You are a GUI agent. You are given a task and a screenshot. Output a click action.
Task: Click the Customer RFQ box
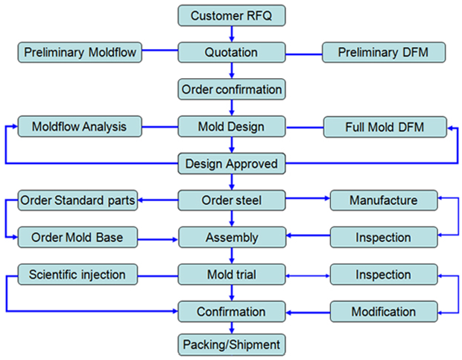232,15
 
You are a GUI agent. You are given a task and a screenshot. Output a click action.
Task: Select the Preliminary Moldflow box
79,52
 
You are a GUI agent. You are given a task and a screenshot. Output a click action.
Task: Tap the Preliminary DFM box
384,52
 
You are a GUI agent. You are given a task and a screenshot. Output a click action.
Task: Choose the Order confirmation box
232,89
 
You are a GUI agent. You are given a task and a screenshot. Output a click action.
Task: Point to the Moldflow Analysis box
79,127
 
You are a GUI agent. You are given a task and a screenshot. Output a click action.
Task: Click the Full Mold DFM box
384,127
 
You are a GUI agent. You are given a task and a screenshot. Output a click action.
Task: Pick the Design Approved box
232,163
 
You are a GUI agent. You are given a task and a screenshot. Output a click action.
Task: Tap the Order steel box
232,200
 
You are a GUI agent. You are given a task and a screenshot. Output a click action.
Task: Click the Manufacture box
383,200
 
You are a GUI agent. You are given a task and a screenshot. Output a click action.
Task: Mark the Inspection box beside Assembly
383,238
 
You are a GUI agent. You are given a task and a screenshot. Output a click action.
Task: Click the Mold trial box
232,274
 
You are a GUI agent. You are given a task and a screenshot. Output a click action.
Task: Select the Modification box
383,311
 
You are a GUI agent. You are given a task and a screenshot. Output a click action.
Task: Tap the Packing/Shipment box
232,345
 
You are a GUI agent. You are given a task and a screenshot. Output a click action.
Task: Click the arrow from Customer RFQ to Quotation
232,34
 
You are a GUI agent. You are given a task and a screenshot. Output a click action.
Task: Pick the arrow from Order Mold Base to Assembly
159,239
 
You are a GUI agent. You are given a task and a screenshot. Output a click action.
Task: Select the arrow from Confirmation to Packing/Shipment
232,328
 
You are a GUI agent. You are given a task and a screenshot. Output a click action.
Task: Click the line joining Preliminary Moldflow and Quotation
159,51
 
